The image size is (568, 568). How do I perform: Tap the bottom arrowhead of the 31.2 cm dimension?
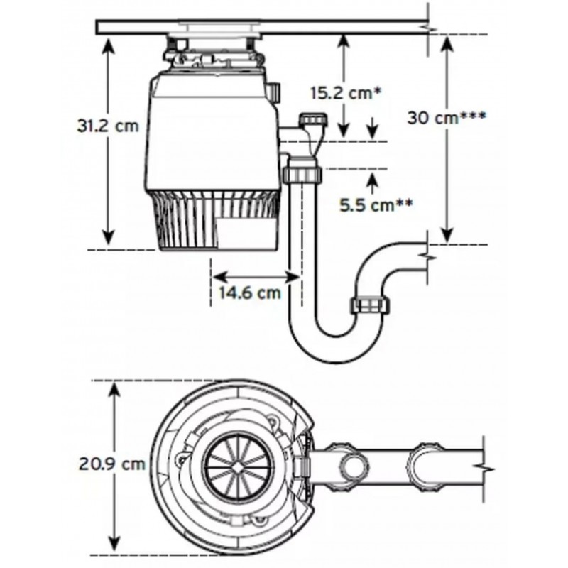point(109,238)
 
